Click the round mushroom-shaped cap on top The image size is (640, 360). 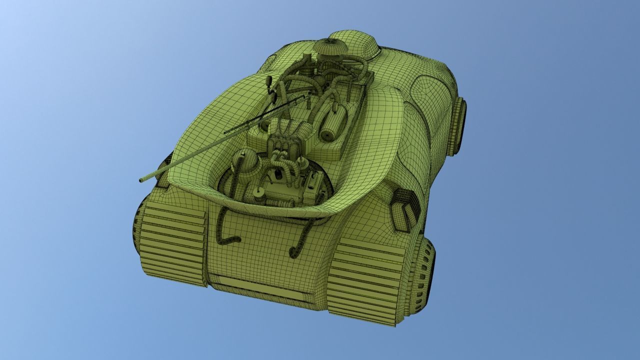point(330,47)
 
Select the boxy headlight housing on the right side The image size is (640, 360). point(404,210)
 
